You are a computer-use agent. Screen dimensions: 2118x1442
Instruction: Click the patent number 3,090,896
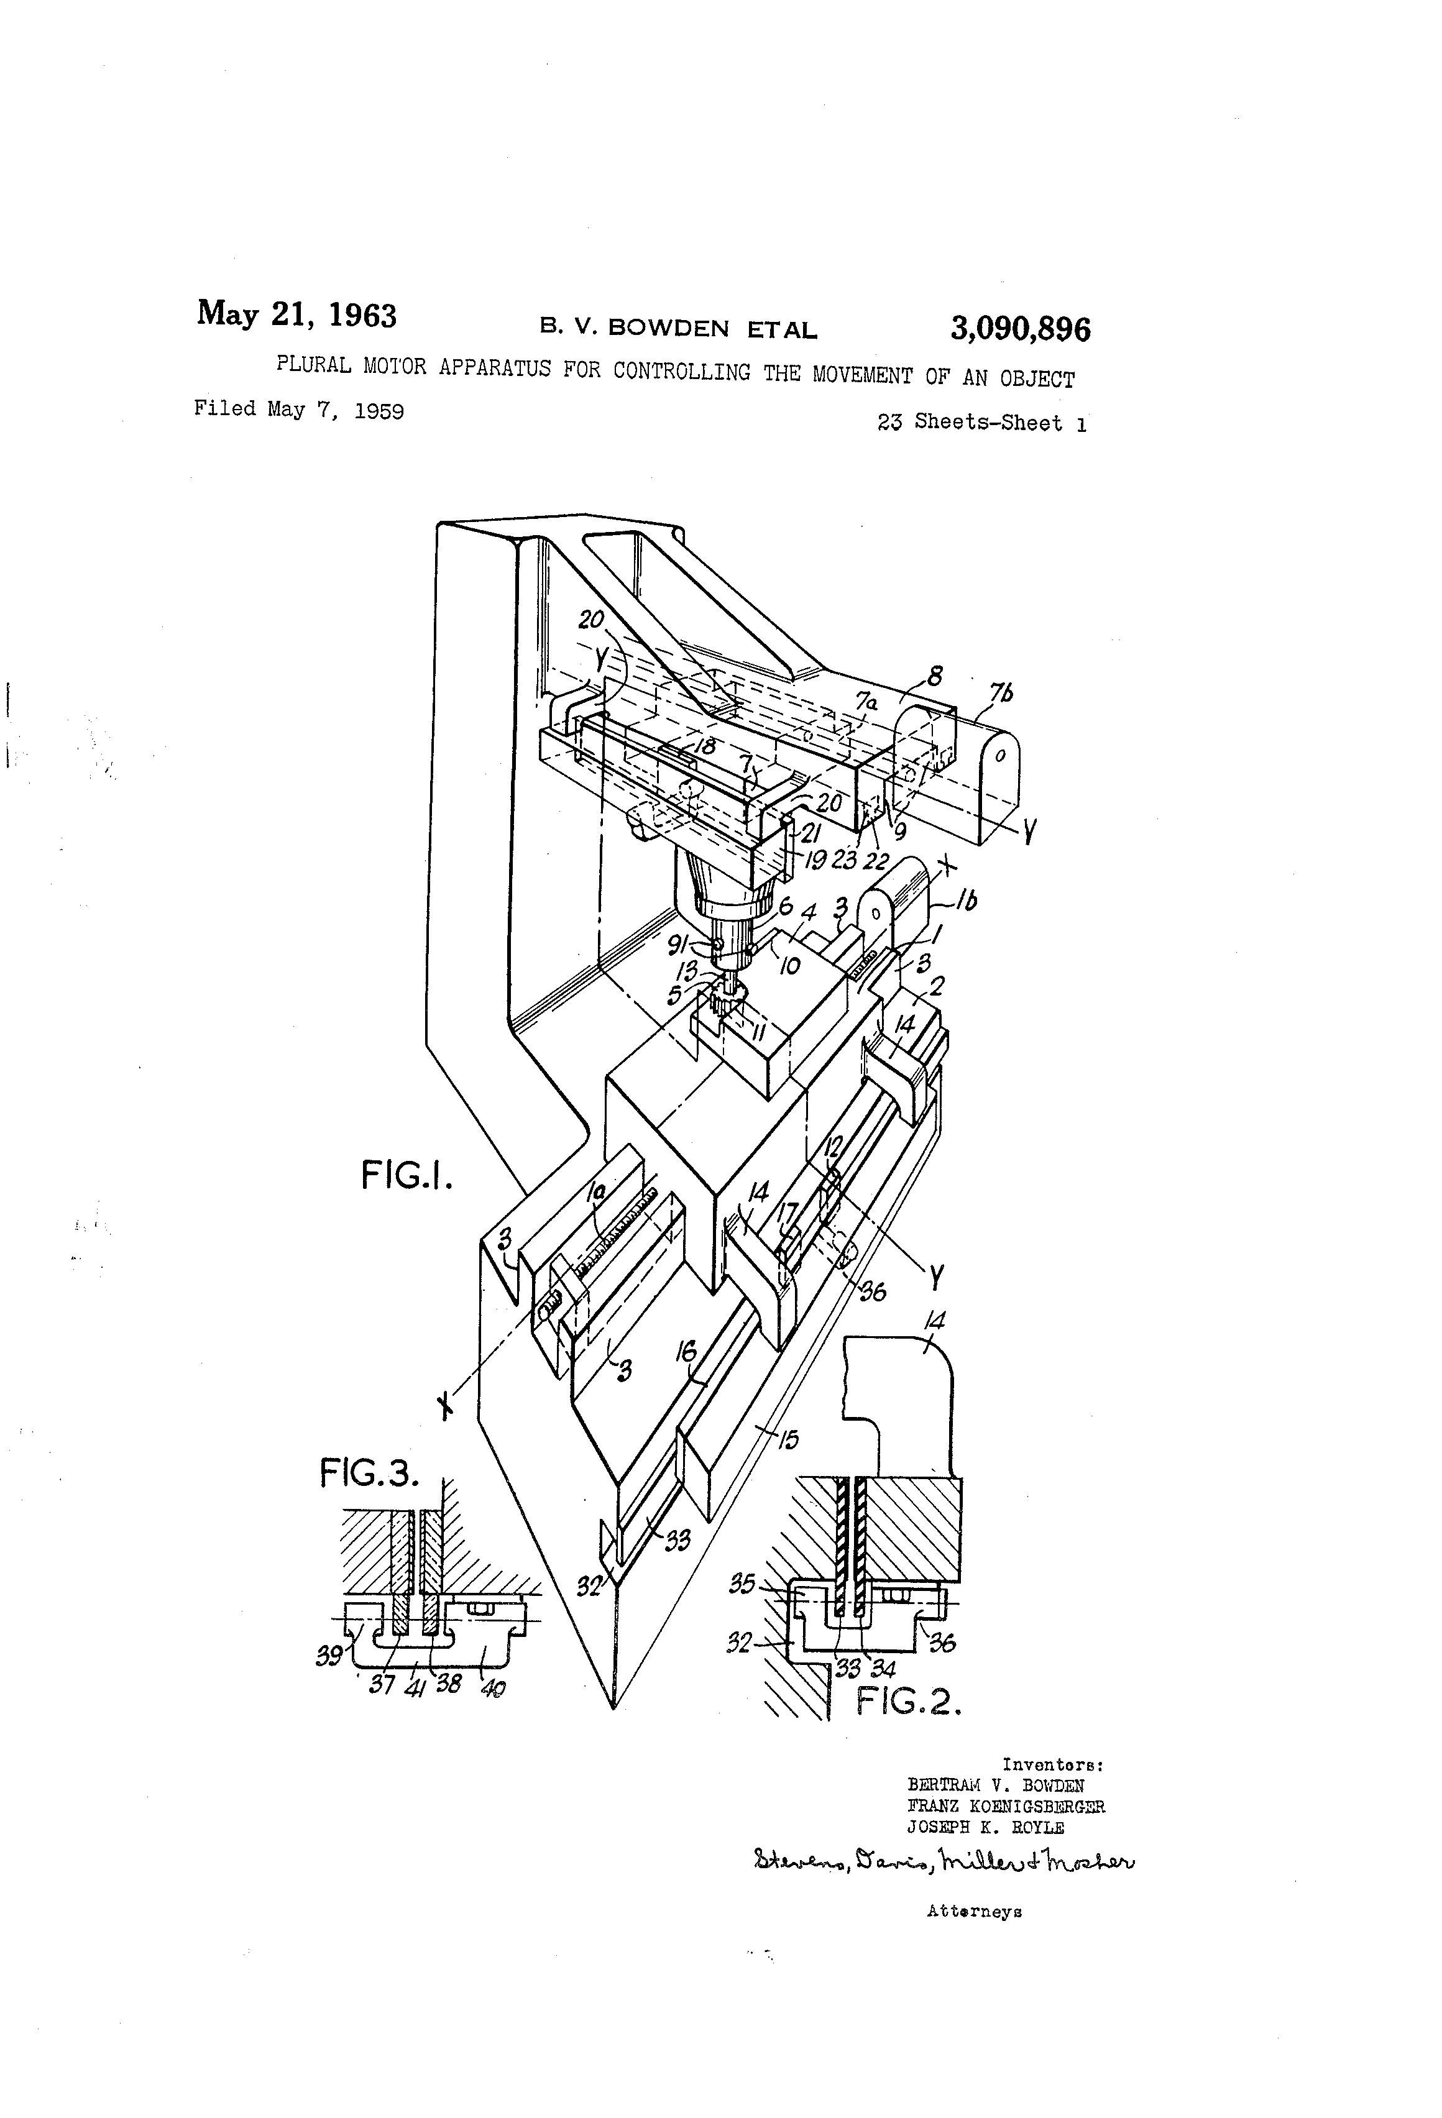click(x=1020, y=329)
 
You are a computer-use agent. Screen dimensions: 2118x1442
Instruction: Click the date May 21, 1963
click(x=296, y=314)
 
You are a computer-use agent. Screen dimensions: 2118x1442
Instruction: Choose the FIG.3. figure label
click(x=369, y=1474)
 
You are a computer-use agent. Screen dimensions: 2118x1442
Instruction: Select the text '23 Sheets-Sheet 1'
click(x=981, y=422)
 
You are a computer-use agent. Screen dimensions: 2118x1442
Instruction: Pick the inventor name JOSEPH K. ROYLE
click(x=985, y=1827)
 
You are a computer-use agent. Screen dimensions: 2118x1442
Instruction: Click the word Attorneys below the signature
click(x=973, y=1911)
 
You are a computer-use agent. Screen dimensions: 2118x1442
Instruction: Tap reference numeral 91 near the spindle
click(x=704, y=946)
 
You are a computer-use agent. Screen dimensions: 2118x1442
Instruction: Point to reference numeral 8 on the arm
click(x=934, y=676)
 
